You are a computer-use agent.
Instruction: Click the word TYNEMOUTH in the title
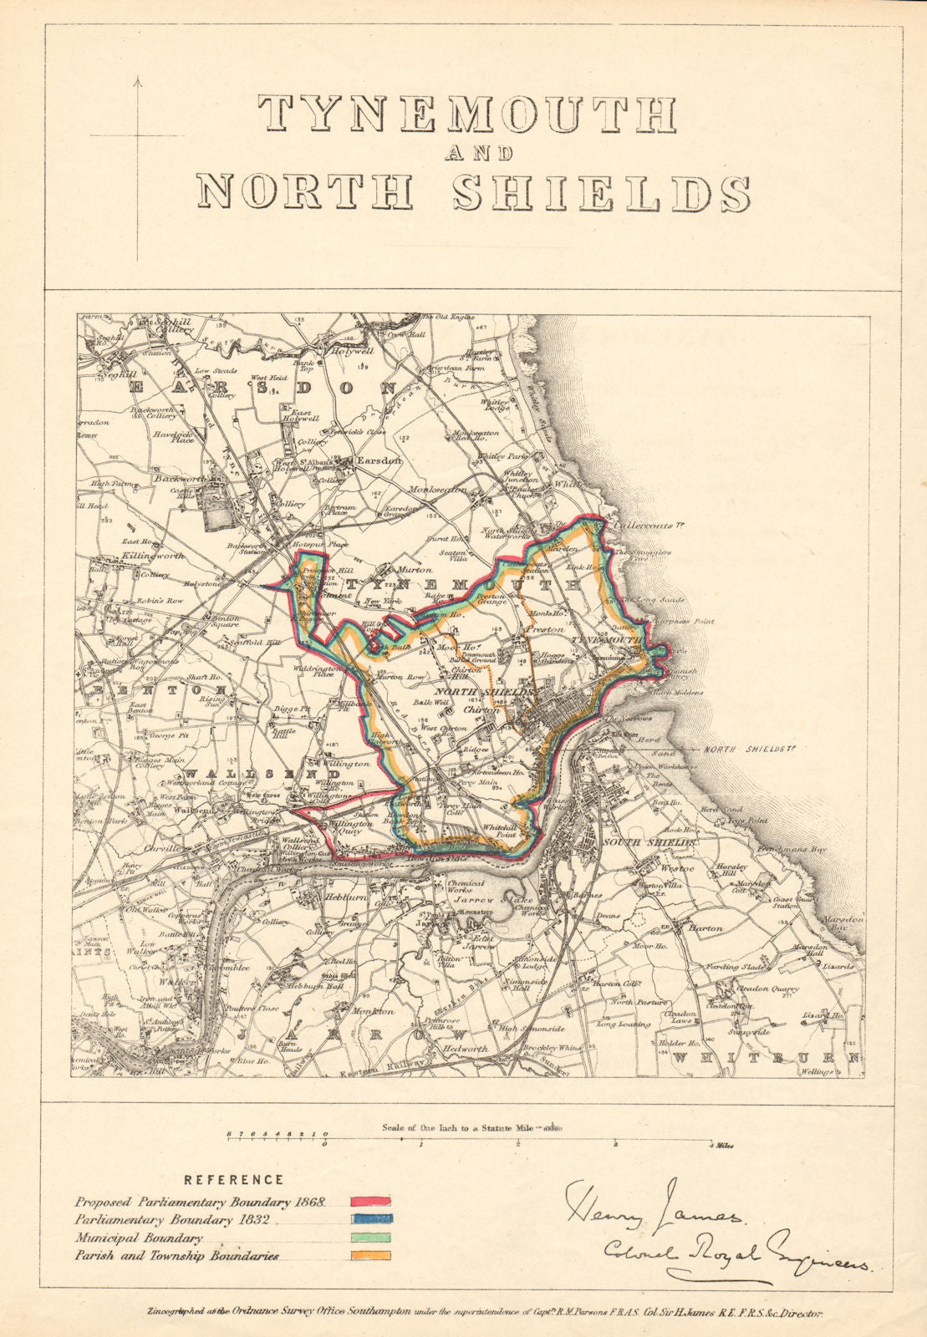pyautogui.click(x=466, y=114)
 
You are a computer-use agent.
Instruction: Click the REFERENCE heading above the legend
pyautogui.click(x=234, y=1180)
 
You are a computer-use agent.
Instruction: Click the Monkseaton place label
pyautogui.click(x=437, y=490)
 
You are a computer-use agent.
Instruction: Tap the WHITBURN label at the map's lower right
pyautogui.click(x=766, y=1057)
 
